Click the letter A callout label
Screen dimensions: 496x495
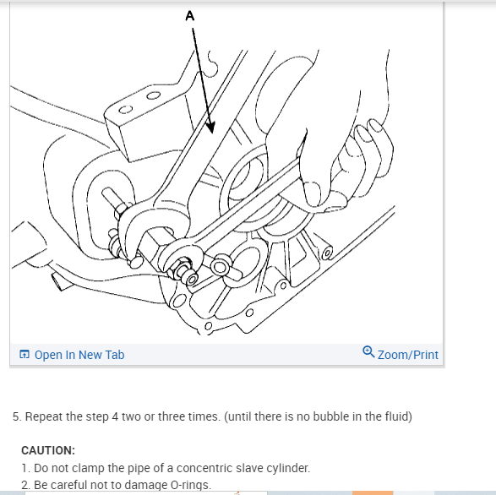(x=190, y=16)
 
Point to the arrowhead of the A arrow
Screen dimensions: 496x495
(x=210, y=128)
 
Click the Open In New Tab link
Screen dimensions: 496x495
(x=79, y=355)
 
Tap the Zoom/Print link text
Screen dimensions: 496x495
(x=408, y=355)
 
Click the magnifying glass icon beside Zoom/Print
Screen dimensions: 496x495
(x=368, y=351)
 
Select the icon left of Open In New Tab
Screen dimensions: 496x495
(x=25, y=354)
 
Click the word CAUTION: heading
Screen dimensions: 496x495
(x=48, y=450)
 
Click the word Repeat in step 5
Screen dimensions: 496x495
(x=44, y=417)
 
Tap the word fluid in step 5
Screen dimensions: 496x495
(x=399, y=416)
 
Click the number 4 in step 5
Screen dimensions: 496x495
(x=115, y=416)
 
